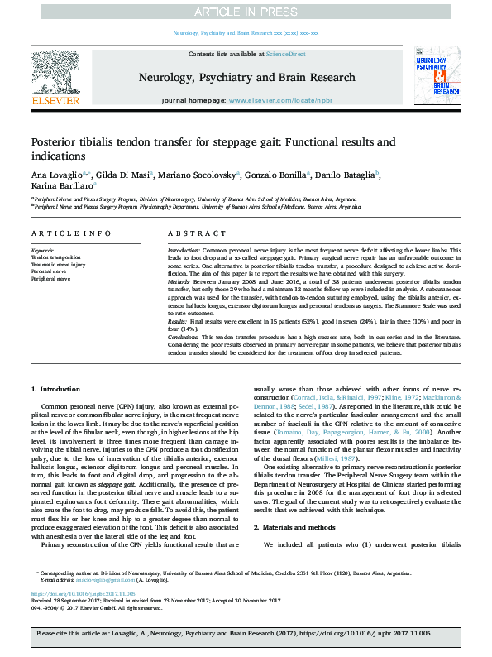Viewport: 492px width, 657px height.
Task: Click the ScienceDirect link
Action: pyautogui.click(x=285, y=54)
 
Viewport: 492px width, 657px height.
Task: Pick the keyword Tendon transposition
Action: pyautogui.click(x=57, y=257)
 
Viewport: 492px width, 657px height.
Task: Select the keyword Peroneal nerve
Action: pyautogui.click(x=49, y=271)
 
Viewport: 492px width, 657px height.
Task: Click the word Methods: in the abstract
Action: pyautogui.click(x=184, y=282)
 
